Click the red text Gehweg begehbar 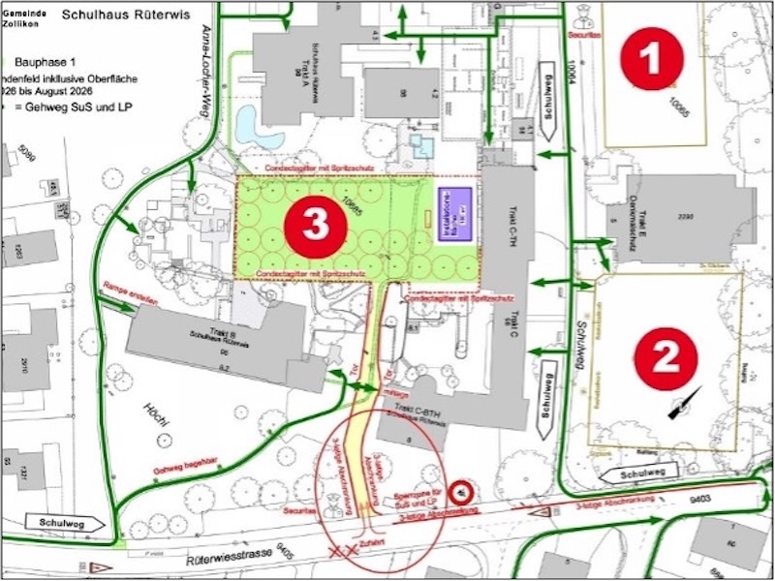(x=183, y=468)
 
